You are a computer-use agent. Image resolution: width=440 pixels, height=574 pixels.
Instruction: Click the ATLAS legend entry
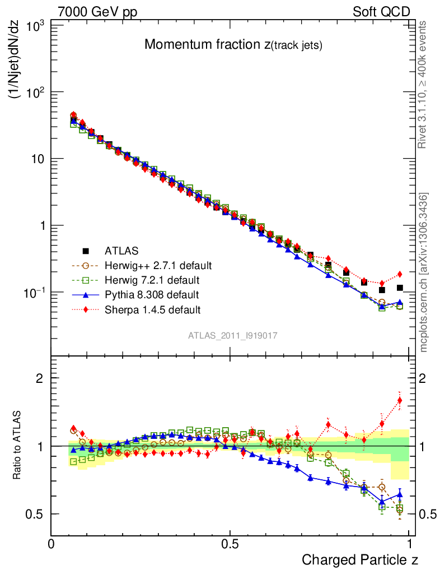[121, 250]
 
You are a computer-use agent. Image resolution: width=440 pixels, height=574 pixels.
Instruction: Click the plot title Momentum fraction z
[233, 45]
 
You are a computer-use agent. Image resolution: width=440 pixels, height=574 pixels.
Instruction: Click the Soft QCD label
[382, 12]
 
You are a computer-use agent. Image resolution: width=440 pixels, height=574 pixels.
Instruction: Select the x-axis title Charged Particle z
[360, 559]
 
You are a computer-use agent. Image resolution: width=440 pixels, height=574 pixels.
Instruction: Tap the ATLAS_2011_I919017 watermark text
[233, 335]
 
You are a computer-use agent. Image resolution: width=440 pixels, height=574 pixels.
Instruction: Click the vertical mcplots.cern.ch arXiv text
[424, 272]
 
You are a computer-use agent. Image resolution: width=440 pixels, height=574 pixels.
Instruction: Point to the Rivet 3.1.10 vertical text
[423, 85]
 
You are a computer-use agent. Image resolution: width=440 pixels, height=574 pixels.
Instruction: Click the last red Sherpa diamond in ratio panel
[400, 400]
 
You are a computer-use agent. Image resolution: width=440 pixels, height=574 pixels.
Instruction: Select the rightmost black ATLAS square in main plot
[400, 288]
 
